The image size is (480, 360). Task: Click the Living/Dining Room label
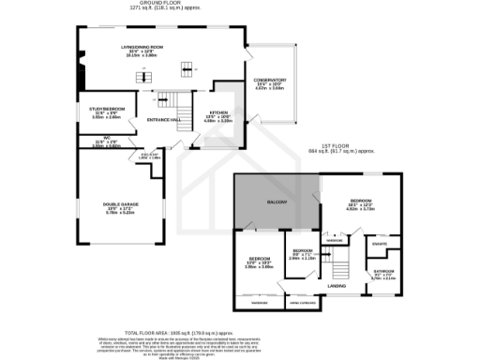142,46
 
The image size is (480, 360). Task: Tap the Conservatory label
269,80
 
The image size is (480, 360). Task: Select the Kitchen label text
218,112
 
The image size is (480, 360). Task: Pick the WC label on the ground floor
97,139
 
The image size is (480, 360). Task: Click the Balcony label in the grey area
275,202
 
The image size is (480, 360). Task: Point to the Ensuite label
379,244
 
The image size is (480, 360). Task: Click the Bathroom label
382,271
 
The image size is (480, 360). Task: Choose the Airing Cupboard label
301,303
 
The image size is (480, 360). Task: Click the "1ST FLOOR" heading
336,146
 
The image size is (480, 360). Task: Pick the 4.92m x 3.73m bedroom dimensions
361,209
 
